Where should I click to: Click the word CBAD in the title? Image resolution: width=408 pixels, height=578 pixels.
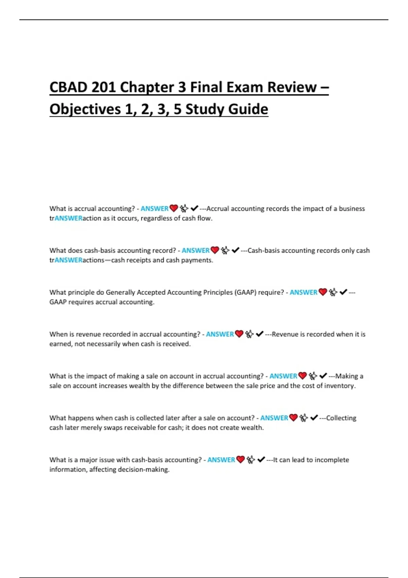click(68, 87)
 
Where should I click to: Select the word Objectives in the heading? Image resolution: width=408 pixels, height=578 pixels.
click(85, 109)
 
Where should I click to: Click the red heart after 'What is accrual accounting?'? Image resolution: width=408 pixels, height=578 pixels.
click(174, 208)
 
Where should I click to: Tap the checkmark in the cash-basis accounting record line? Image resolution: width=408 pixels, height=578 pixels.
click(235, 250)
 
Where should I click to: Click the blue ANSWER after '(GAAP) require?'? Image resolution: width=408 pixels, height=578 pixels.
click(303, 292)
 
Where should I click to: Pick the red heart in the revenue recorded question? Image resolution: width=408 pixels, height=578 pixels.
click(239, 334)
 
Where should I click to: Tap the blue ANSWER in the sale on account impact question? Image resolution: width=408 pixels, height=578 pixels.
click(283, 376)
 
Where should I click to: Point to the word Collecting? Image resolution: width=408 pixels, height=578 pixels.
click(341, 418)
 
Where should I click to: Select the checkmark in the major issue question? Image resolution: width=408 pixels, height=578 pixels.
click(261, 460)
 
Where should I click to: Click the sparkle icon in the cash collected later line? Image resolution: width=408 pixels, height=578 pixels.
click(304, 418)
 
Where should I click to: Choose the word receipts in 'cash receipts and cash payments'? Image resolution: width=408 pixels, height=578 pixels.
click(138, 260)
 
